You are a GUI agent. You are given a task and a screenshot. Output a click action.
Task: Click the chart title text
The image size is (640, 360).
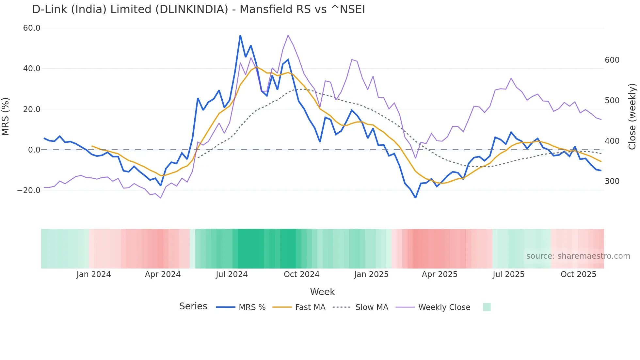tap(198, 9)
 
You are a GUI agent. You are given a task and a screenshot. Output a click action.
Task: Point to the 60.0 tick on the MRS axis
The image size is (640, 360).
tap(32, 28)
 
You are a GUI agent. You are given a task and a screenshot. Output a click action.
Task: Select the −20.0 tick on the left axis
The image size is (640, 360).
tap(29, 190)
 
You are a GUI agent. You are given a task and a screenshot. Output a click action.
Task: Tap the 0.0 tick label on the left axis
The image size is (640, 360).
tap(34, 150)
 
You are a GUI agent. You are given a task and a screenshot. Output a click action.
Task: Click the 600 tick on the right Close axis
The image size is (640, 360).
tap(612, 60)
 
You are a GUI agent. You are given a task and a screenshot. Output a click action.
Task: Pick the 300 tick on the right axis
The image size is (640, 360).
tap(612, 181)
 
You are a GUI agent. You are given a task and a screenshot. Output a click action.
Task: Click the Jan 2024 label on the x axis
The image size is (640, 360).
tap(94, 274)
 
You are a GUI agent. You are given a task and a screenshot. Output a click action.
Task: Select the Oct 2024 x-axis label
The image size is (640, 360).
tap(301, 274)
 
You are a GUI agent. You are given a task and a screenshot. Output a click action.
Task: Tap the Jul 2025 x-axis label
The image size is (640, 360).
tap(508, 274)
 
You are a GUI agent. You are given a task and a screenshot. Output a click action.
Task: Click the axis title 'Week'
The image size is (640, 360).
tap(322, 292)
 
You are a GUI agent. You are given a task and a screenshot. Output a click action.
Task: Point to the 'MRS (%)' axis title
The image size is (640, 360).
tap(6, 117)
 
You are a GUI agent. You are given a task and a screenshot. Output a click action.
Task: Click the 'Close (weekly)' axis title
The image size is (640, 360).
tap(632, 117)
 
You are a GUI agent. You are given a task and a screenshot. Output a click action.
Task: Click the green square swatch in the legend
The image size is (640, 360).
tap(487, 307)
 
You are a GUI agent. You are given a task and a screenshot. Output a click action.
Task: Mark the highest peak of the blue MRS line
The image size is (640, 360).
tap(240, 35)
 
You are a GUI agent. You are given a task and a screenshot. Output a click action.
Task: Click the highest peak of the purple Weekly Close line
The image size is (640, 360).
tap(288, 35)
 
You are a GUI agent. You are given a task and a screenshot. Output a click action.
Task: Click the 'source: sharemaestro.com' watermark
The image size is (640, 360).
tap(578, 256)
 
